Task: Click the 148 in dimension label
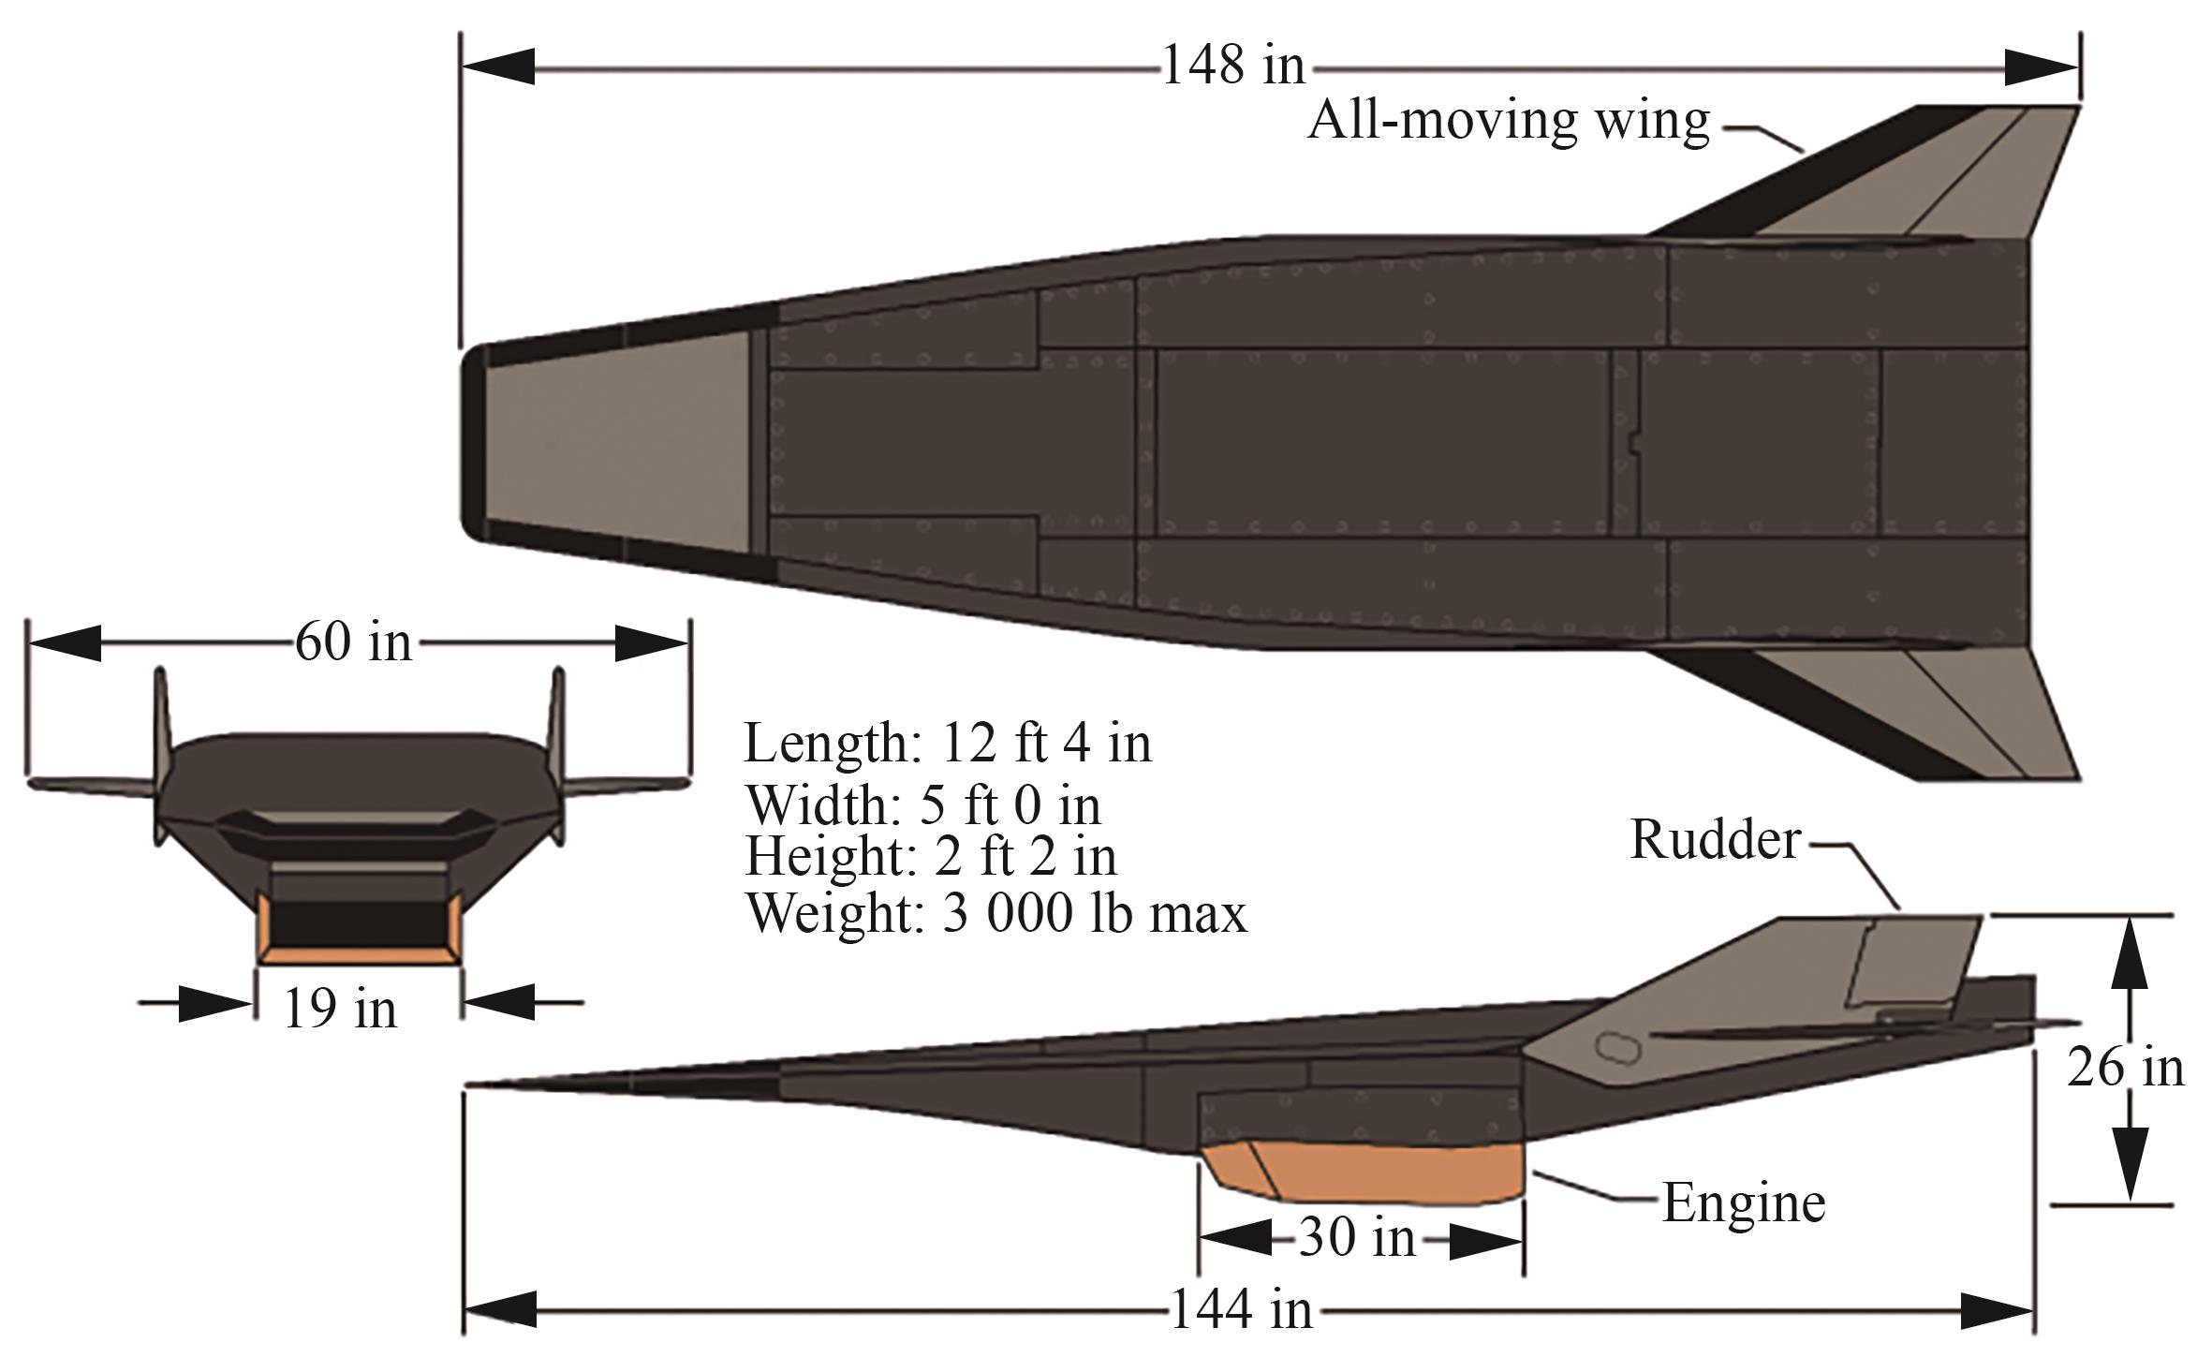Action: click(1232, 66)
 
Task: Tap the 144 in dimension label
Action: click(1241, 1309)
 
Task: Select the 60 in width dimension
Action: click(353, 643)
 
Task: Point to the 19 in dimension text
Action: click(340, 1010)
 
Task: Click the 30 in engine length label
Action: click(1357, 1239)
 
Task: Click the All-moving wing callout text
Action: click(1508, 121)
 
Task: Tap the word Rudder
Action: click(1715, 840)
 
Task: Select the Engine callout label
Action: click(1743, 1202)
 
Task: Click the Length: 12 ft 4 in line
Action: click(947, 744)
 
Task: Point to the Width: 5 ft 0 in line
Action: click(922, 804)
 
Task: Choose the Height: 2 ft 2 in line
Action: click(930, 856)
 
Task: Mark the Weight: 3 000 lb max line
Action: click(995, 913)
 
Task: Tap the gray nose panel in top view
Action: click(618, 440)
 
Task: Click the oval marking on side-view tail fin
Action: click(1617, 1046)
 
